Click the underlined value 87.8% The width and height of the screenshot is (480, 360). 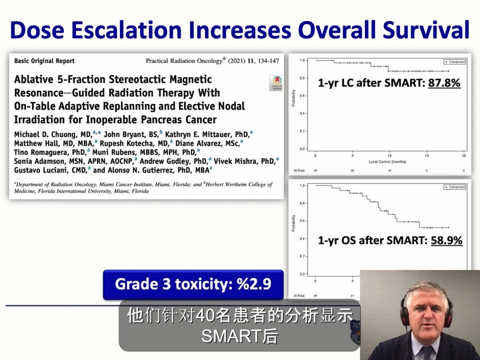444,83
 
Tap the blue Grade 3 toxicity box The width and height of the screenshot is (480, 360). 193,284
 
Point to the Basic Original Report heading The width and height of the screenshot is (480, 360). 44,61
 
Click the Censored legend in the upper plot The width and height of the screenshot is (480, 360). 454,62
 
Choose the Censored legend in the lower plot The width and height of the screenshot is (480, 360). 454,187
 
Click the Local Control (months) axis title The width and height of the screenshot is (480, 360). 387,162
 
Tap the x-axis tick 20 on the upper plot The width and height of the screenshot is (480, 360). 464,156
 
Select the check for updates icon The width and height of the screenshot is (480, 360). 276,83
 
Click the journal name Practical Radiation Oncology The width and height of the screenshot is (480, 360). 184,61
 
